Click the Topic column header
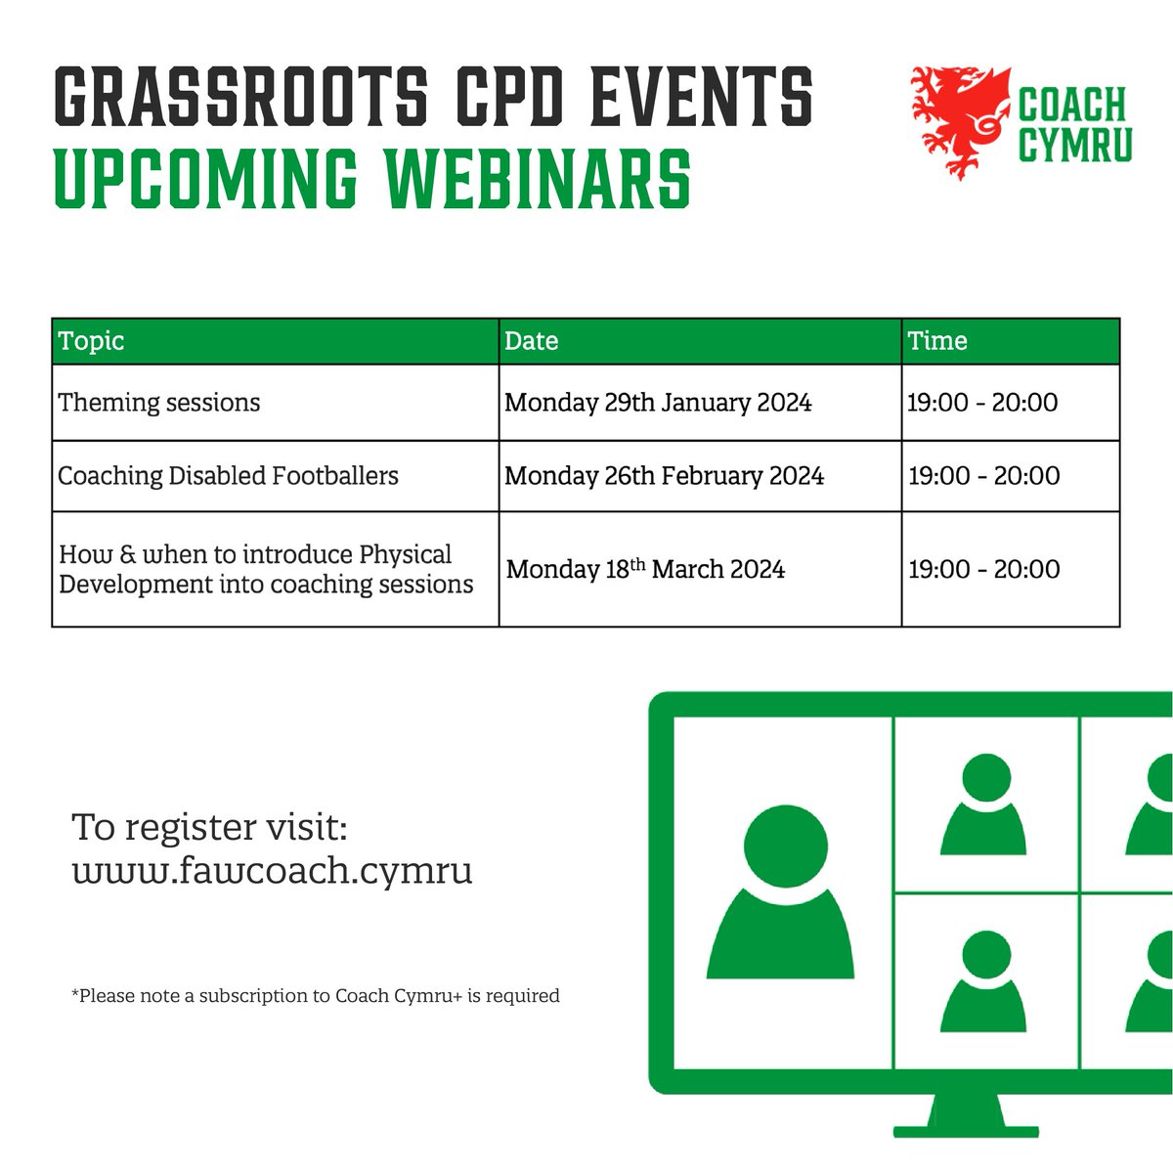(x=92, y=341)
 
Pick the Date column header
(x=532, y=341)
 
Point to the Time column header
(x=937, y=341)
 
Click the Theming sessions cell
(x=159, y=403)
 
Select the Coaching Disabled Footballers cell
(x=229, y=476)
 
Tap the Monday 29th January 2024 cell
(x=658, y=403)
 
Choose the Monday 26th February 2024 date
(x=665, y=476)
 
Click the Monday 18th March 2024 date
(x=645, y=569)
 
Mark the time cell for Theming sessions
(x=982, y=403)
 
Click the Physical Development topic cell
(x=266, y=569)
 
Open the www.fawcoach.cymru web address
(x=273, y=870)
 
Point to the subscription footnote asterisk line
(x=316, y=996)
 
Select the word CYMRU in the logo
(x=1075, y=145)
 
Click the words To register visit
(x=209, y=827)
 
